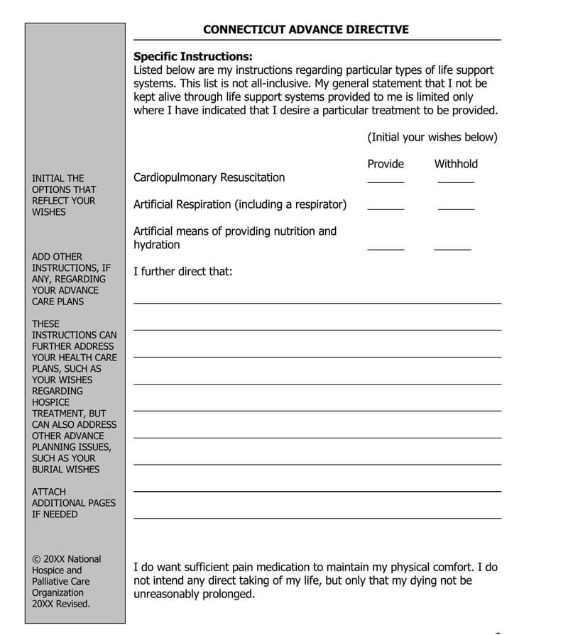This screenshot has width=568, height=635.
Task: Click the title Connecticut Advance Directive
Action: click(x=306, y=29)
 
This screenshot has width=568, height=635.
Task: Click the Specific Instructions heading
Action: click(x=193, y=57)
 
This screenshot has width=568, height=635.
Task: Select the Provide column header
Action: click(x=386, y=164)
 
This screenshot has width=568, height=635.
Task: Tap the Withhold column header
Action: click(x=456, y=164)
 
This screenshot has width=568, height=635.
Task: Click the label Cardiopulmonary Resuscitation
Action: click(x=209, y=177)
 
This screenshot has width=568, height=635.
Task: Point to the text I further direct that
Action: click(x=183, y=271)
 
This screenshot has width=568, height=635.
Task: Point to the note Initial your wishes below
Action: click(x=432, y=137)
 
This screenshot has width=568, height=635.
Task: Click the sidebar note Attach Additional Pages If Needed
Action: click(x=73, y=503)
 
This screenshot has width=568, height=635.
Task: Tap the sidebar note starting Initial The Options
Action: click(x=64, y=195)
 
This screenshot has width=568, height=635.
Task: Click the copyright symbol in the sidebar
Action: click(x=35, y=559)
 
